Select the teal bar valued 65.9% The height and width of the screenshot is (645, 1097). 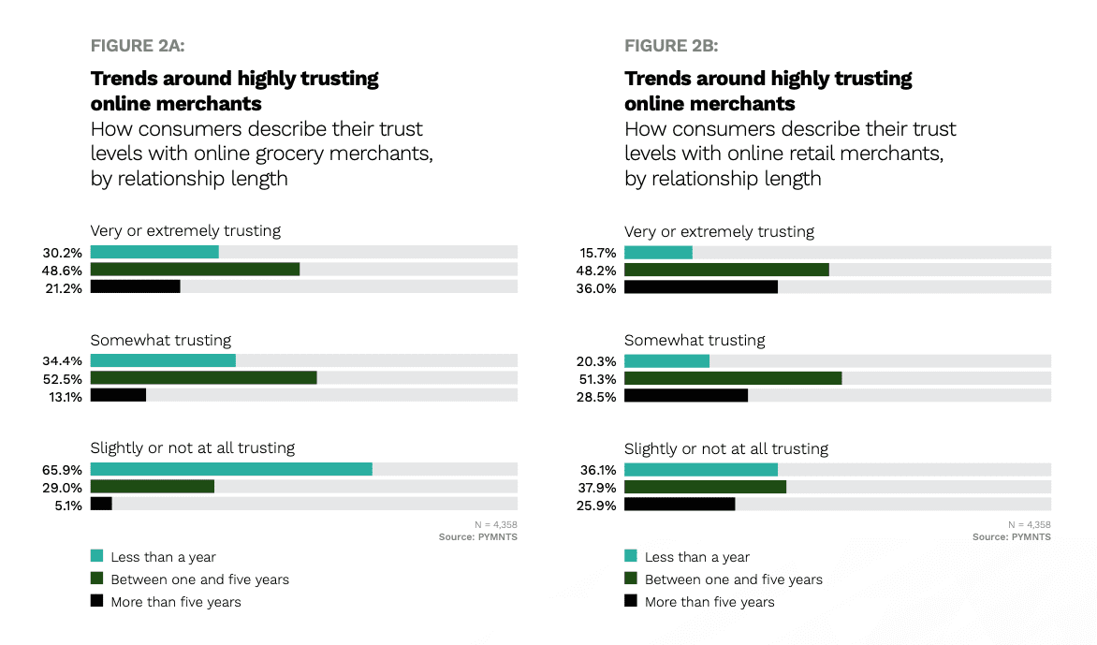tap(231, 469)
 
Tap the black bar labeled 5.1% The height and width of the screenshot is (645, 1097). tap(101, 505)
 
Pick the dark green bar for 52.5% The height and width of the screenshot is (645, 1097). tap(203, 378)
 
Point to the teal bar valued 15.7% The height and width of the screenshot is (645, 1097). tap(658, 253)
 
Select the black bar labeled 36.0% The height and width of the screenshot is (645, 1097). tap(701, 287)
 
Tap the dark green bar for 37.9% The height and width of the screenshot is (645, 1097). tap(705, 487)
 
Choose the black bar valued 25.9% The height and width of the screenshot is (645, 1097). tap(680, 505)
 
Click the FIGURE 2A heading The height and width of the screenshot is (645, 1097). tap(144, 45)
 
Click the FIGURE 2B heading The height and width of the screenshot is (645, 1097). tap(671, 45)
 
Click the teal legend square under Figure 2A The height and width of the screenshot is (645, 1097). tap(97, 556)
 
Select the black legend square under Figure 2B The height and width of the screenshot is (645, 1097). tap(631, 601)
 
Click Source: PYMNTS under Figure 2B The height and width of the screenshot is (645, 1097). tap(1011, 537)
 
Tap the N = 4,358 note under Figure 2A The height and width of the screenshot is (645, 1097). tap(496, 524)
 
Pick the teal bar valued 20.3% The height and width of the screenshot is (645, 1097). tap(666, 361)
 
